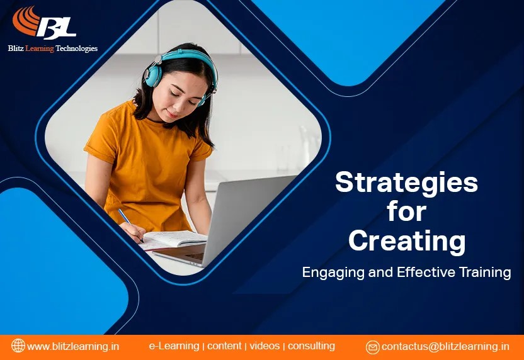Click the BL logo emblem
[44, 23]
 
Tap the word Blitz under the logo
[16, 48]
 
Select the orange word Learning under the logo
[40, 48]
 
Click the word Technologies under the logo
[77, 48]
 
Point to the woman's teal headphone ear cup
[152, 74]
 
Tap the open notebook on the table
[173, 239]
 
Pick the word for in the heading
[406, 211]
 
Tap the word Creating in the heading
[407, 242]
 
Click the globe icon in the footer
[18, 346]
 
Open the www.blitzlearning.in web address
[73, 346]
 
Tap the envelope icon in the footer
[372, 347]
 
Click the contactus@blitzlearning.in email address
[445, 347]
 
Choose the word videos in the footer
[265, 346]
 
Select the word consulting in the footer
[311, 346]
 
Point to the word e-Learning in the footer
[174, 346]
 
